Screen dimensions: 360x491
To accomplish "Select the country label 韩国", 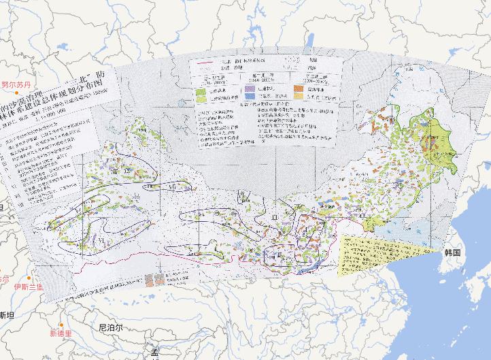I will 454,252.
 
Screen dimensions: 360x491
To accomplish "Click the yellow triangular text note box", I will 371,255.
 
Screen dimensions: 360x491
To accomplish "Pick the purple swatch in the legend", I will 250,88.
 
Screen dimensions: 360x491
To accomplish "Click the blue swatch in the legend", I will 250,98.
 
